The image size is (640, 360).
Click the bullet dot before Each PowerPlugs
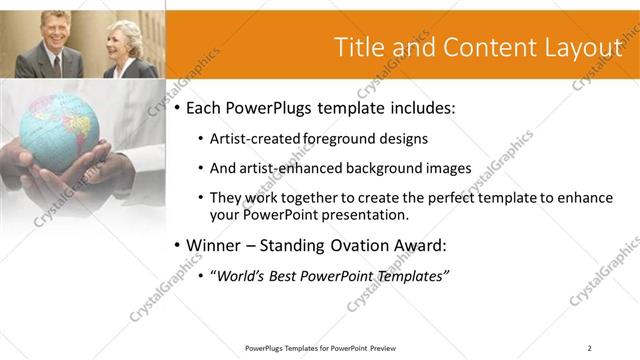[x=178, y=107]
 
